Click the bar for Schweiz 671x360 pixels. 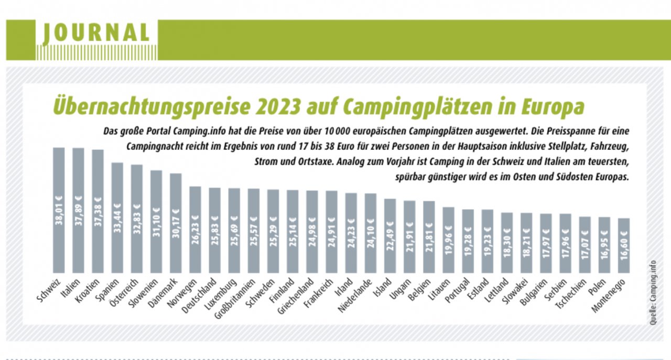59,210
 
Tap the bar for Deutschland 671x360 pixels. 214,230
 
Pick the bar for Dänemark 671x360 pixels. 176,223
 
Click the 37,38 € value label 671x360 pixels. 98,214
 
